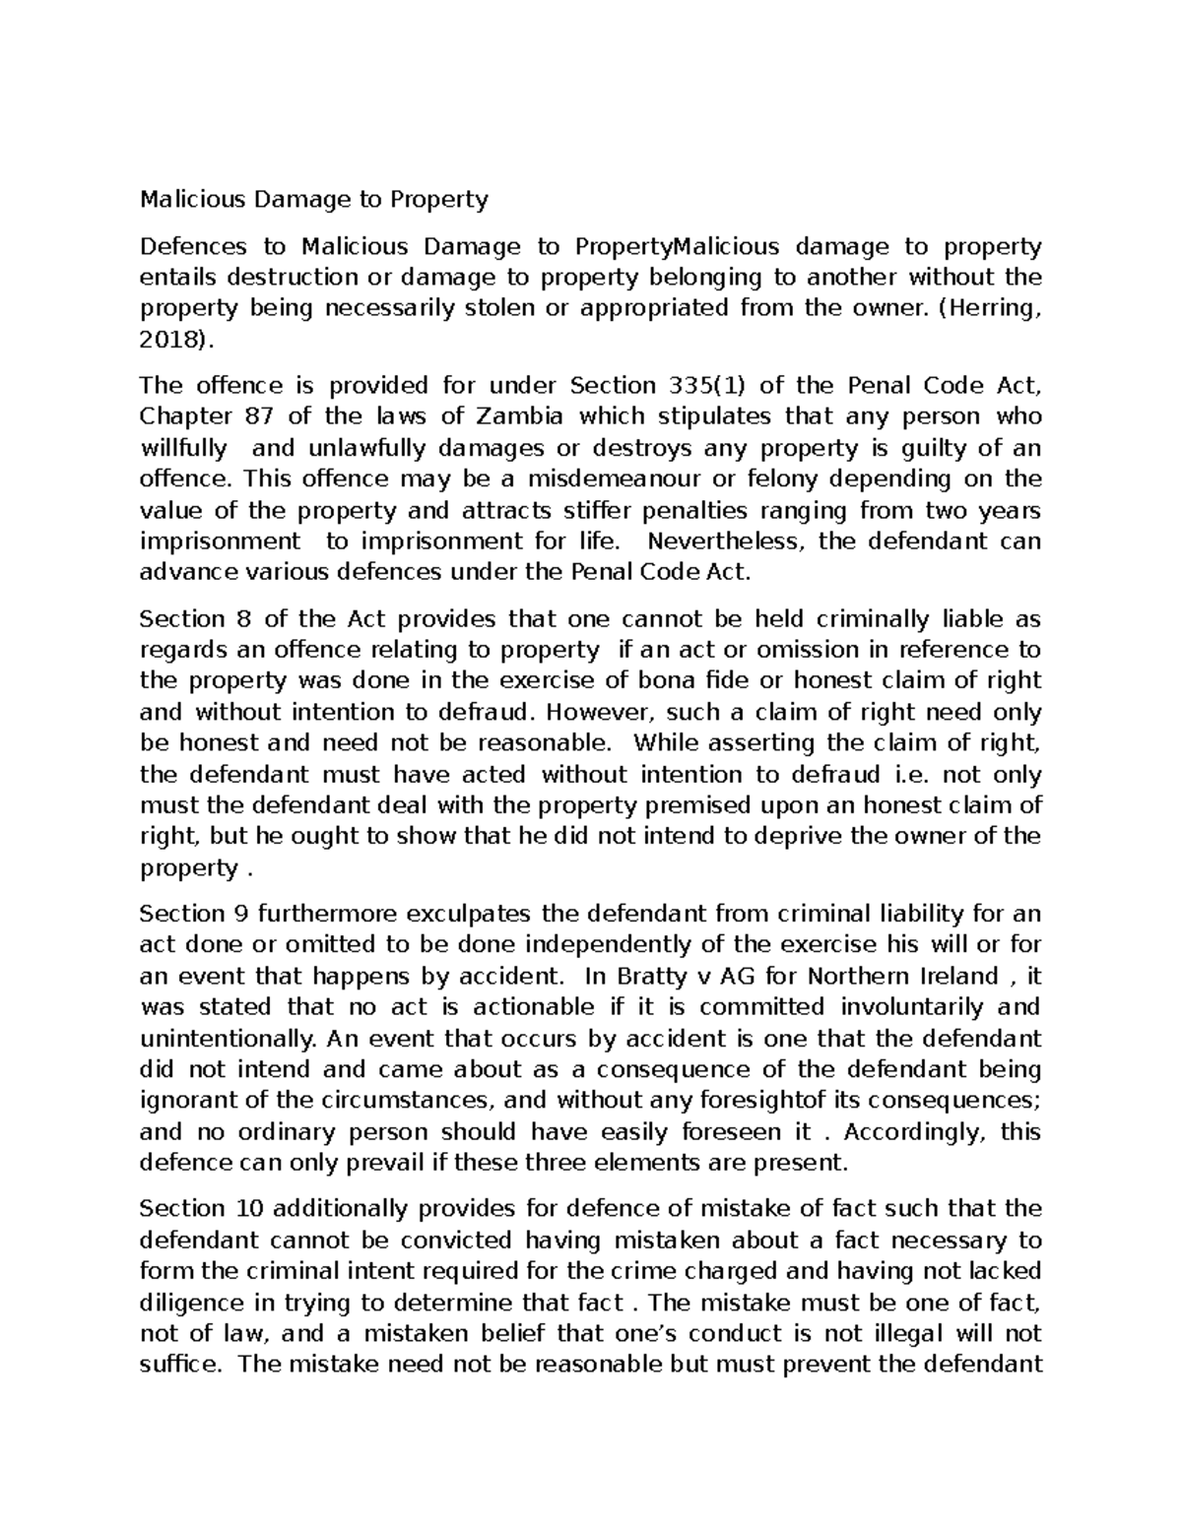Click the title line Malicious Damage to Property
[x=314, y=200]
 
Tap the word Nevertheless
[x=726, y=542]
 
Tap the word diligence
[x=192, y=1304]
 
